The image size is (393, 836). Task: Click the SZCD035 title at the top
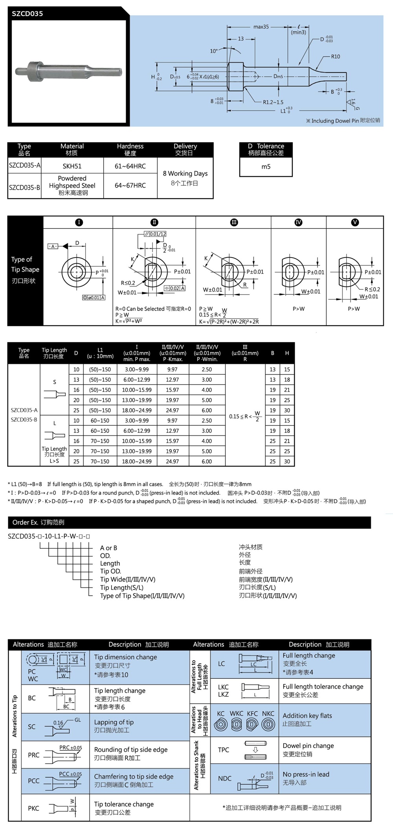coord(27,14)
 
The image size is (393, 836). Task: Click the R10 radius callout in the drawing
coord(335,57)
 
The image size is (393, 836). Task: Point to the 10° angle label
coord(214,51)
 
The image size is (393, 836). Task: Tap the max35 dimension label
coord(261,27)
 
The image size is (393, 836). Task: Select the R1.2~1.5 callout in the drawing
coord(273,102)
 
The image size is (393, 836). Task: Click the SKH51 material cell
coord(72,166)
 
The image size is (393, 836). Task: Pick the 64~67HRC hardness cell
coord(130,185)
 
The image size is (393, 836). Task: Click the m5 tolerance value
coord(266,167)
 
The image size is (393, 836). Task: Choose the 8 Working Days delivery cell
coord(185,174)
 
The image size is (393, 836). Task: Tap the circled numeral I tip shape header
coord(79,222)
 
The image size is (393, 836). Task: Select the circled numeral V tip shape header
coord(355,222)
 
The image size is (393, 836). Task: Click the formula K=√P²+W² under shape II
coord(129,321)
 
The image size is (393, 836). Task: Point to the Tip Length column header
coord(54,353)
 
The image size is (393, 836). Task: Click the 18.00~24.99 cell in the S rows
coord(137,410)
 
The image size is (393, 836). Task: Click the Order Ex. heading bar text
coord(38,522)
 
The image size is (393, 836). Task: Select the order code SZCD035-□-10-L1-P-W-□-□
coord(49,536)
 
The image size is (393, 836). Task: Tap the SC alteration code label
coord(32,727)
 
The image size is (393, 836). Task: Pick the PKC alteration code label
coord(33,808)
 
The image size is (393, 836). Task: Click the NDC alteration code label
coord(225,778)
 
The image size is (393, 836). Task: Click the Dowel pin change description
coord(308,746)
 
